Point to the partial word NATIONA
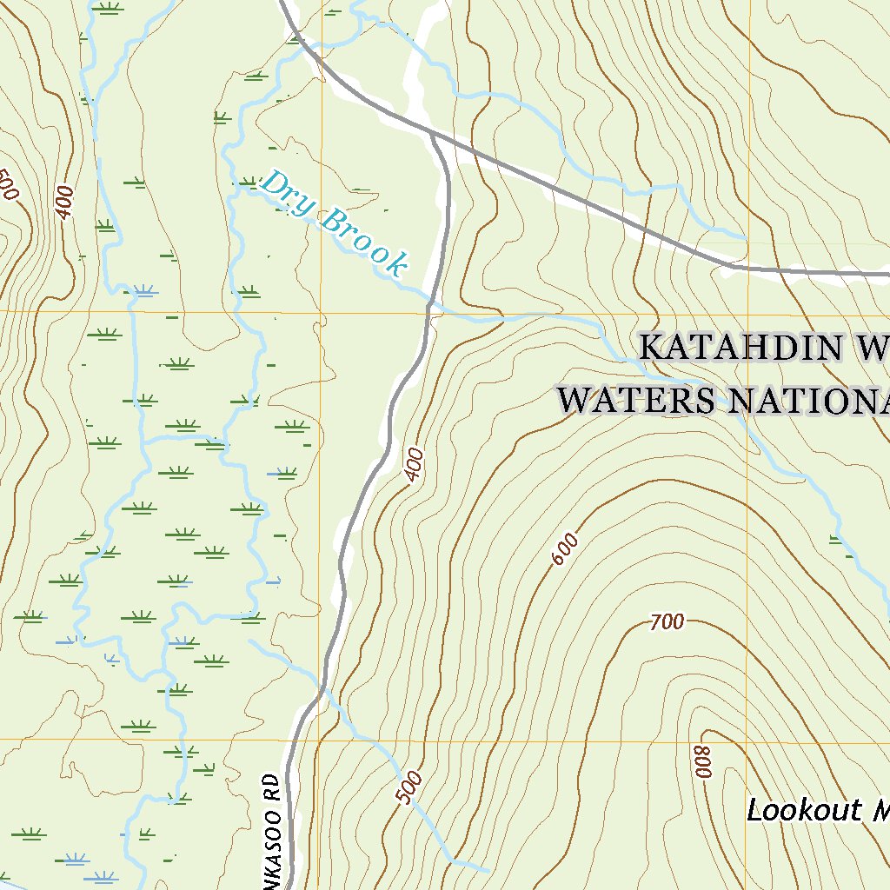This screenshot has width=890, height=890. [808, 401]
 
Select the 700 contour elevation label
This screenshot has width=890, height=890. [667, 621]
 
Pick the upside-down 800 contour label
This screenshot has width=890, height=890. [701, 762]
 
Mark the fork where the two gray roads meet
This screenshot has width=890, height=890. [432, 135]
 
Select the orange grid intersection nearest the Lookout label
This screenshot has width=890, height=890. [747, 742]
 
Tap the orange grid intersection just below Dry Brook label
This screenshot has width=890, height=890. [321, 311]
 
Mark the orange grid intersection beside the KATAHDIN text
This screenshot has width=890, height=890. [747, 311]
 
